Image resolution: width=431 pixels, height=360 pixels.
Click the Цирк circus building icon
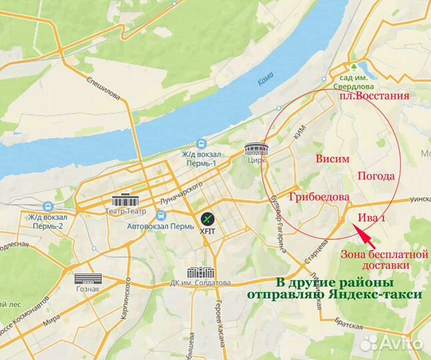tap(255, 149)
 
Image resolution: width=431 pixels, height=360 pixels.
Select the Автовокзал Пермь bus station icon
tap(160, 216)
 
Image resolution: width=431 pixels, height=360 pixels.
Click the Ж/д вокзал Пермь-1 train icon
tap(201, 145)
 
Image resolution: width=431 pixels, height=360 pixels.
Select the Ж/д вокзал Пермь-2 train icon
tap(45, 207)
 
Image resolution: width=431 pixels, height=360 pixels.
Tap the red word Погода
tap(376, 177)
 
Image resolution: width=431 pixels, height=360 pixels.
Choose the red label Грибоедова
tap(320, 198)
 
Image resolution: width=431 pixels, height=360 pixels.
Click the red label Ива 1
tap(372, 217)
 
